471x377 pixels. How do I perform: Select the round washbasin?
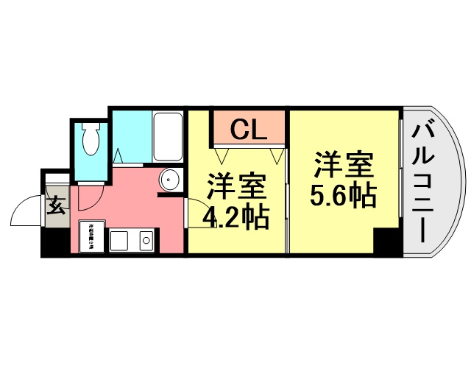coord(170,180)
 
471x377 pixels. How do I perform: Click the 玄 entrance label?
coord(57,205)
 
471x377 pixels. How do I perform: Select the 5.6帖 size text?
coord(343,196)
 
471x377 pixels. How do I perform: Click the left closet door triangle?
coord(223,155)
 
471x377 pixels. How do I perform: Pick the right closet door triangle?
coord(277,155)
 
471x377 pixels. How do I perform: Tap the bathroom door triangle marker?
coord(121,155)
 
